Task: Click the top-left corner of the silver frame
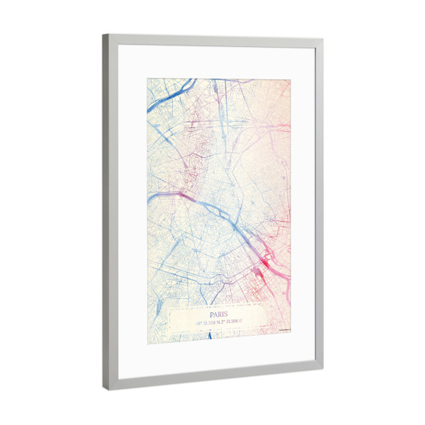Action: coord(103,35)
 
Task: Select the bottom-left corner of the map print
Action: coord(148,344)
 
